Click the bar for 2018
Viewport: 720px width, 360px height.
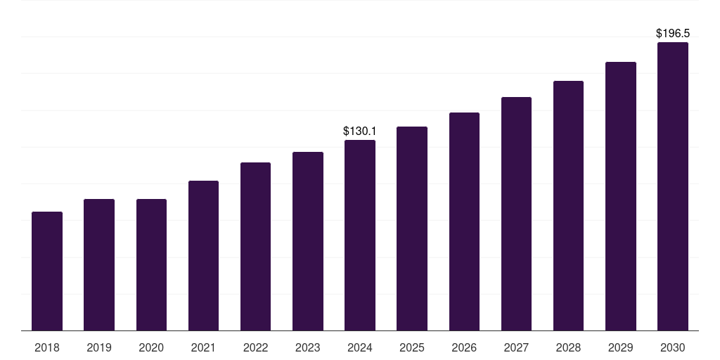tap(47, 271)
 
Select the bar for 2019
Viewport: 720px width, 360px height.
tap(99, 265)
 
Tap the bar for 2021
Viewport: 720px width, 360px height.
tap(203, 256)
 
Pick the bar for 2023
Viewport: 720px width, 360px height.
tap(308, 241)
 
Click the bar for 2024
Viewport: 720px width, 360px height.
tap(360, 235)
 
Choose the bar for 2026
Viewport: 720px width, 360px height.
tap(464, 221)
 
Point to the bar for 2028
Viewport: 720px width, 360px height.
tap(568, 206)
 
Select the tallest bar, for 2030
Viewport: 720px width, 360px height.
tap(673, 186)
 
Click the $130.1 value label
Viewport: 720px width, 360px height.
tap(359, 131)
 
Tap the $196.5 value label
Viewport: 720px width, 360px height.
tap(673, 34)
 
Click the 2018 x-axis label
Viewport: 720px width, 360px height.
tap(47, 347)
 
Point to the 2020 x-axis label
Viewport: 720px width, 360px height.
tap(151, 347)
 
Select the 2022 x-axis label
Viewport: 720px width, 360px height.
tap(255, 347)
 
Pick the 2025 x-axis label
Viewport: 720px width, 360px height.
tap(412, 347)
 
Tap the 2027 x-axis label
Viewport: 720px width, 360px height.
tap(516, 347)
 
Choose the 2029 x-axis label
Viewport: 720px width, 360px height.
tap(620, 347)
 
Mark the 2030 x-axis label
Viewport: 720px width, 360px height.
tap(673, 347)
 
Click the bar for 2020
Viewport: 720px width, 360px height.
tap(151, 265)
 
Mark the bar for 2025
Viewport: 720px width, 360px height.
tap(412, 229)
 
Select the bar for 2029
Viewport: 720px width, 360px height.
tap(620, 196)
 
